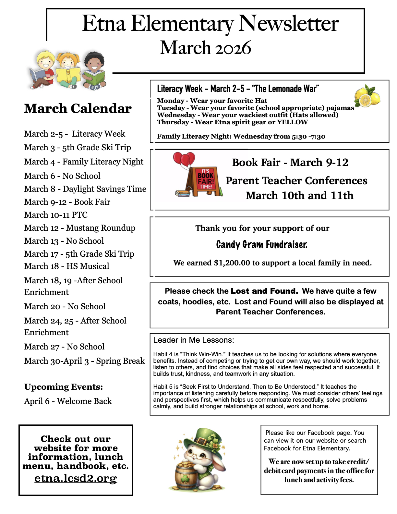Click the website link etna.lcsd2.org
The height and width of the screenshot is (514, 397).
(x=76, y=478)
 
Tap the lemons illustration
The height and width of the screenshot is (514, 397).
(x=367, y=96)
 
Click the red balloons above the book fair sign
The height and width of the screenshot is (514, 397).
(x=184, y=159)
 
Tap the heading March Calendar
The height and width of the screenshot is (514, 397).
(x=78, y=108)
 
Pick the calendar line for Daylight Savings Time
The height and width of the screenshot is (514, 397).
(x=85, y=189)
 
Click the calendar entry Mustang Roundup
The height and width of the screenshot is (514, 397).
(x=80, y=228)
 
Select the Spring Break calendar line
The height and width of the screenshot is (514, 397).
(x=84, y=361)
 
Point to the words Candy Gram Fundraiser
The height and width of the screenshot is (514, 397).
(x=261, y=244)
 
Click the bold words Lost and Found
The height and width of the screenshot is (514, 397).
(x=264, y=291)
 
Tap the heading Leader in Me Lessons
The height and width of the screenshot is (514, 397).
(x=194, y=340)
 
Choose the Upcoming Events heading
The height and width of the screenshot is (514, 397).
(x=64, y=387)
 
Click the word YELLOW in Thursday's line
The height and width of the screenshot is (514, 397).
(x=292, y=122)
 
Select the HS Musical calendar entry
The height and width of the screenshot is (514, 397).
(x=66, y=266)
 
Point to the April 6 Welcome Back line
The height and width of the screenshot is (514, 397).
(x=68, y=401)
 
